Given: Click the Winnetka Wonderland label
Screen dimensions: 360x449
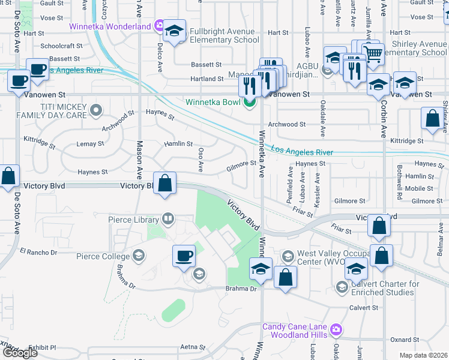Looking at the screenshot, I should [110, 27].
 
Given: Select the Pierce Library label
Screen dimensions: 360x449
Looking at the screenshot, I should [134, 220].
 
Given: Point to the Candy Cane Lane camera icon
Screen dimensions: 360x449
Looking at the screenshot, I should [336, 330].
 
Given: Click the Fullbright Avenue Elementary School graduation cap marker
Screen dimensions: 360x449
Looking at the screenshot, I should [174, 32].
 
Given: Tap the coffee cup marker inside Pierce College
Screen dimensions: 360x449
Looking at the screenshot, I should [184, 256].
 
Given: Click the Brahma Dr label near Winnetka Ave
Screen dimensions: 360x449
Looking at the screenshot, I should [245, 289].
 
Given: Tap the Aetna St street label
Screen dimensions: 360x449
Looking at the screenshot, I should [193, 347].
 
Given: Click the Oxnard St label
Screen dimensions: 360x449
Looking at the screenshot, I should [400, 340].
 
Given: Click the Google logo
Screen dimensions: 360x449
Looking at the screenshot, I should [20, 353].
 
